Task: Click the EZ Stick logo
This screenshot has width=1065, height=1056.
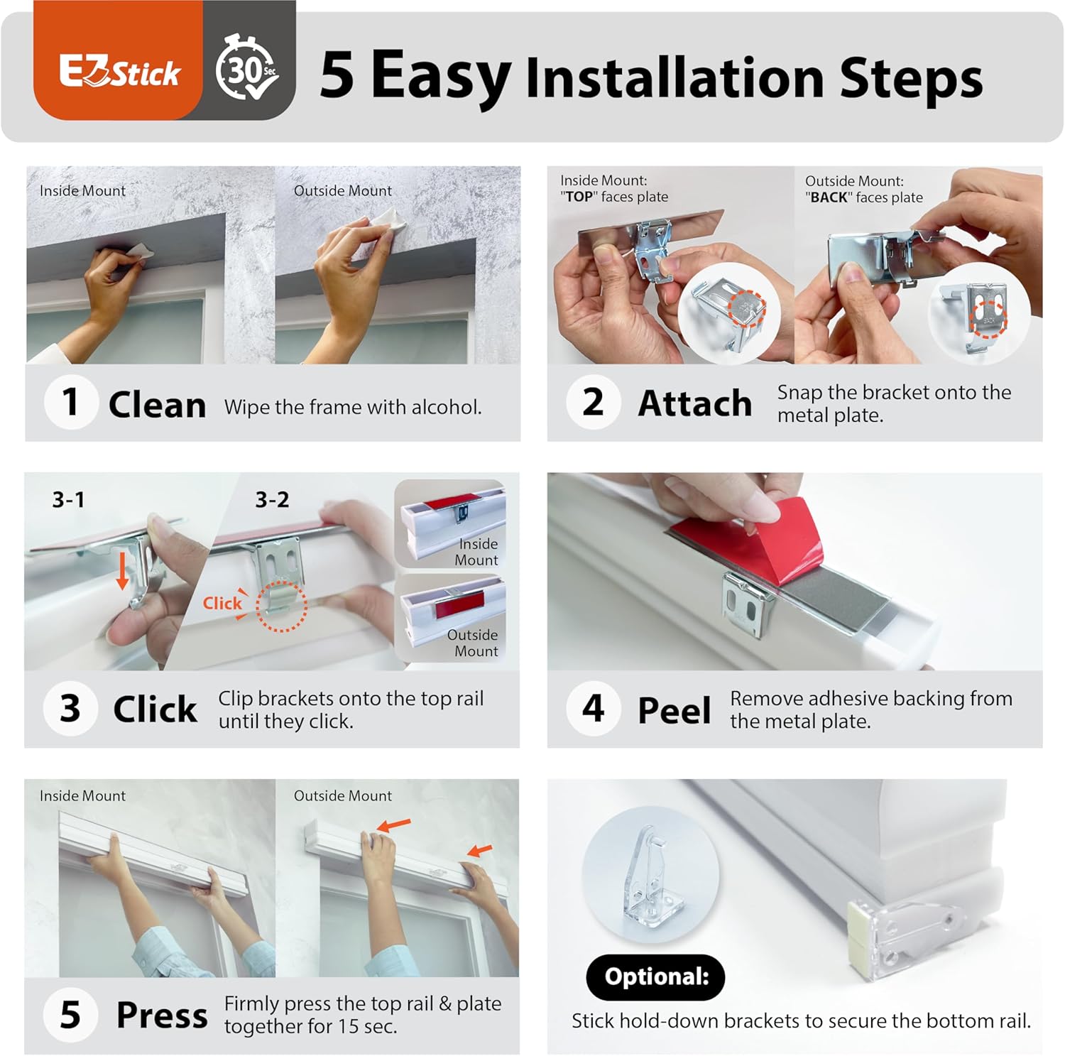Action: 119,72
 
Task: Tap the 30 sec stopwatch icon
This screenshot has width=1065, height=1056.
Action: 246,67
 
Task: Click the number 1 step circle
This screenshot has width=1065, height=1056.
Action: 70,402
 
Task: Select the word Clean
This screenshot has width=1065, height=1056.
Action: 157,405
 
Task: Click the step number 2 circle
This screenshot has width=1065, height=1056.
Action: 593,402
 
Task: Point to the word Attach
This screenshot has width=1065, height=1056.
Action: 695,403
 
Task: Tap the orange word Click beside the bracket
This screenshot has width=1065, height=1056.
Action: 222,603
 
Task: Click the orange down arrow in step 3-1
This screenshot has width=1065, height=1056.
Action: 123,570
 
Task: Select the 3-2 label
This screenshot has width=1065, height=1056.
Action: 272,499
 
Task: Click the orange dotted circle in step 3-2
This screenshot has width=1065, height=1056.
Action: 281,606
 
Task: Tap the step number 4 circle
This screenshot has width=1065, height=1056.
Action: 593,708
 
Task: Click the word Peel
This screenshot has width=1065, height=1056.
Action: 674,710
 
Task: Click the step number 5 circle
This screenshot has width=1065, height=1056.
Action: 70,1015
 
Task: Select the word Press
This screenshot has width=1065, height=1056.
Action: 162,1016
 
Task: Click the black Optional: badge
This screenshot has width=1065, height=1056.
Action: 656,977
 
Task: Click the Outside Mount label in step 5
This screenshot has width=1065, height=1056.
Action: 343,795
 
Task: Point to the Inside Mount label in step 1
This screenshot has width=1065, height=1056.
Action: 82,190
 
